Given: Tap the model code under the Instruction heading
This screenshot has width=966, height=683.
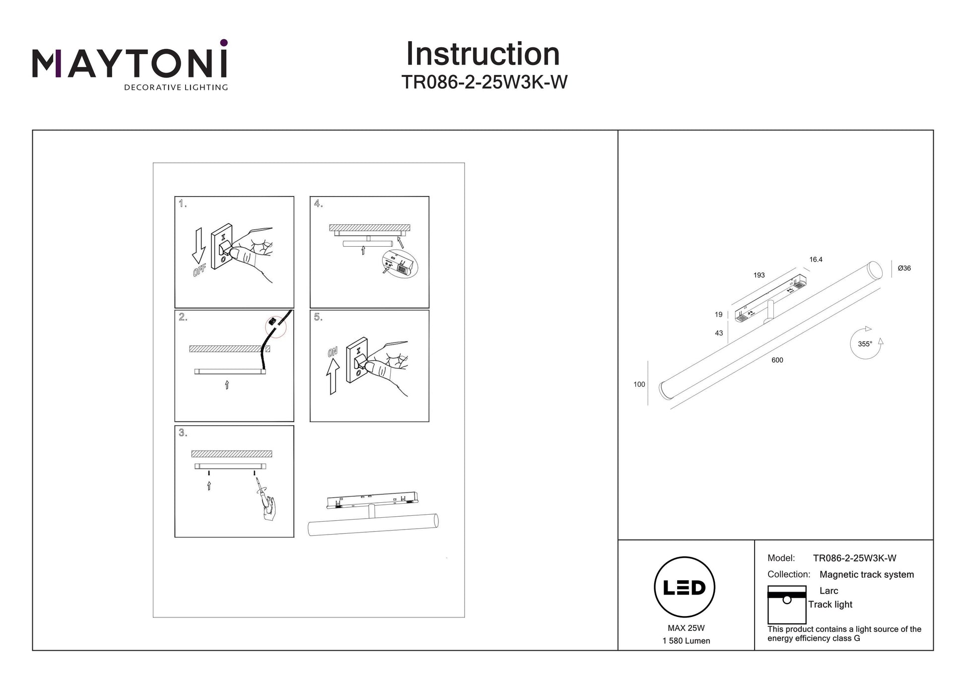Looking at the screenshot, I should (484, 82).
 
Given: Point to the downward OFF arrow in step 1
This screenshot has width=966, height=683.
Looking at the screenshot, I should (199, 245).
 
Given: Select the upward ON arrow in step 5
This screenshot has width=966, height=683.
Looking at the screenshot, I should (333, 376).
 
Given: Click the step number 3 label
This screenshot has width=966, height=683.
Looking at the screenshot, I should (183, 433).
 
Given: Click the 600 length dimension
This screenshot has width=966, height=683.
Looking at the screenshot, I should (777, 360).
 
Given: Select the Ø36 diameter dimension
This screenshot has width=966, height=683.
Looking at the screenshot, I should (904, 269).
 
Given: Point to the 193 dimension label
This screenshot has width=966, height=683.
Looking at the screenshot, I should (759, 275).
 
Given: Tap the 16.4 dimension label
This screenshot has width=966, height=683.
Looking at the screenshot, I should (816, 260).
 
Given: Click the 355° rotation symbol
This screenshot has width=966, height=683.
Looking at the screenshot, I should (866, 343).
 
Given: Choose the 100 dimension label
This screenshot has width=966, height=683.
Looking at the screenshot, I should (639, 384).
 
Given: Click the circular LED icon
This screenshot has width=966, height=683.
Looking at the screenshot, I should (684, 587).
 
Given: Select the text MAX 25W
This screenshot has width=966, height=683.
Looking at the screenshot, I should (686, 628).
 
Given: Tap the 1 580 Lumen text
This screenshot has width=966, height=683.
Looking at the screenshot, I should (686, 641).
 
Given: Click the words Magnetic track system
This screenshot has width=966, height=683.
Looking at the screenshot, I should (866, 575).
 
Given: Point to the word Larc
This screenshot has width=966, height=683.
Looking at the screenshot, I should (828, 591).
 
